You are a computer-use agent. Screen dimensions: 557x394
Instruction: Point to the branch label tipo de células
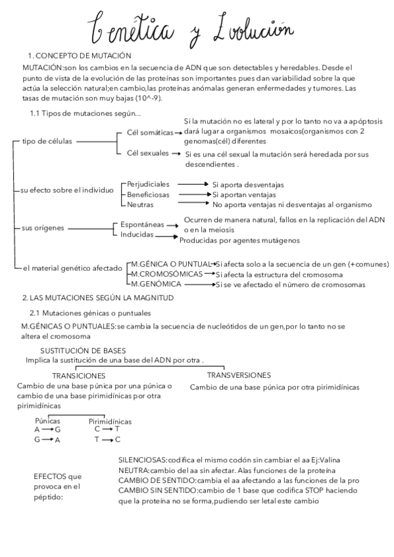tap(48, 141)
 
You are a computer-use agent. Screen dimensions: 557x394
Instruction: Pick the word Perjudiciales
tap(148, 185)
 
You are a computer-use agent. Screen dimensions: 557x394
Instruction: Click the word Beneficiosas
tap(148, 194)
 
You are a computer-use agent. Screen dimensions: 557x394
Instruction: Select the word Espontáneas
tap(142, 225)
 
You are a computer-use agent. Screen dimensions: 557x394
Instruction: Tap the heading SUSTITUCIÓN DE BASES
tap(83, 351)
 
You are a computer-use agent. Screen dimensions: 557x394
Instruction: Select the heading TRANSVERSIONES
tap(239, 375)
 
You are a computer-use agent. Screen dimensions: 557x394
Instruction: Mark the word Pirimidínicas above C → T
tap(110, 421)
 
